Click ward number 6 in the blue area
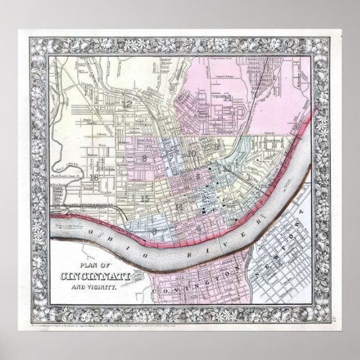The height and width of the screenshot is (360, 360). tap(157, 230)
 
